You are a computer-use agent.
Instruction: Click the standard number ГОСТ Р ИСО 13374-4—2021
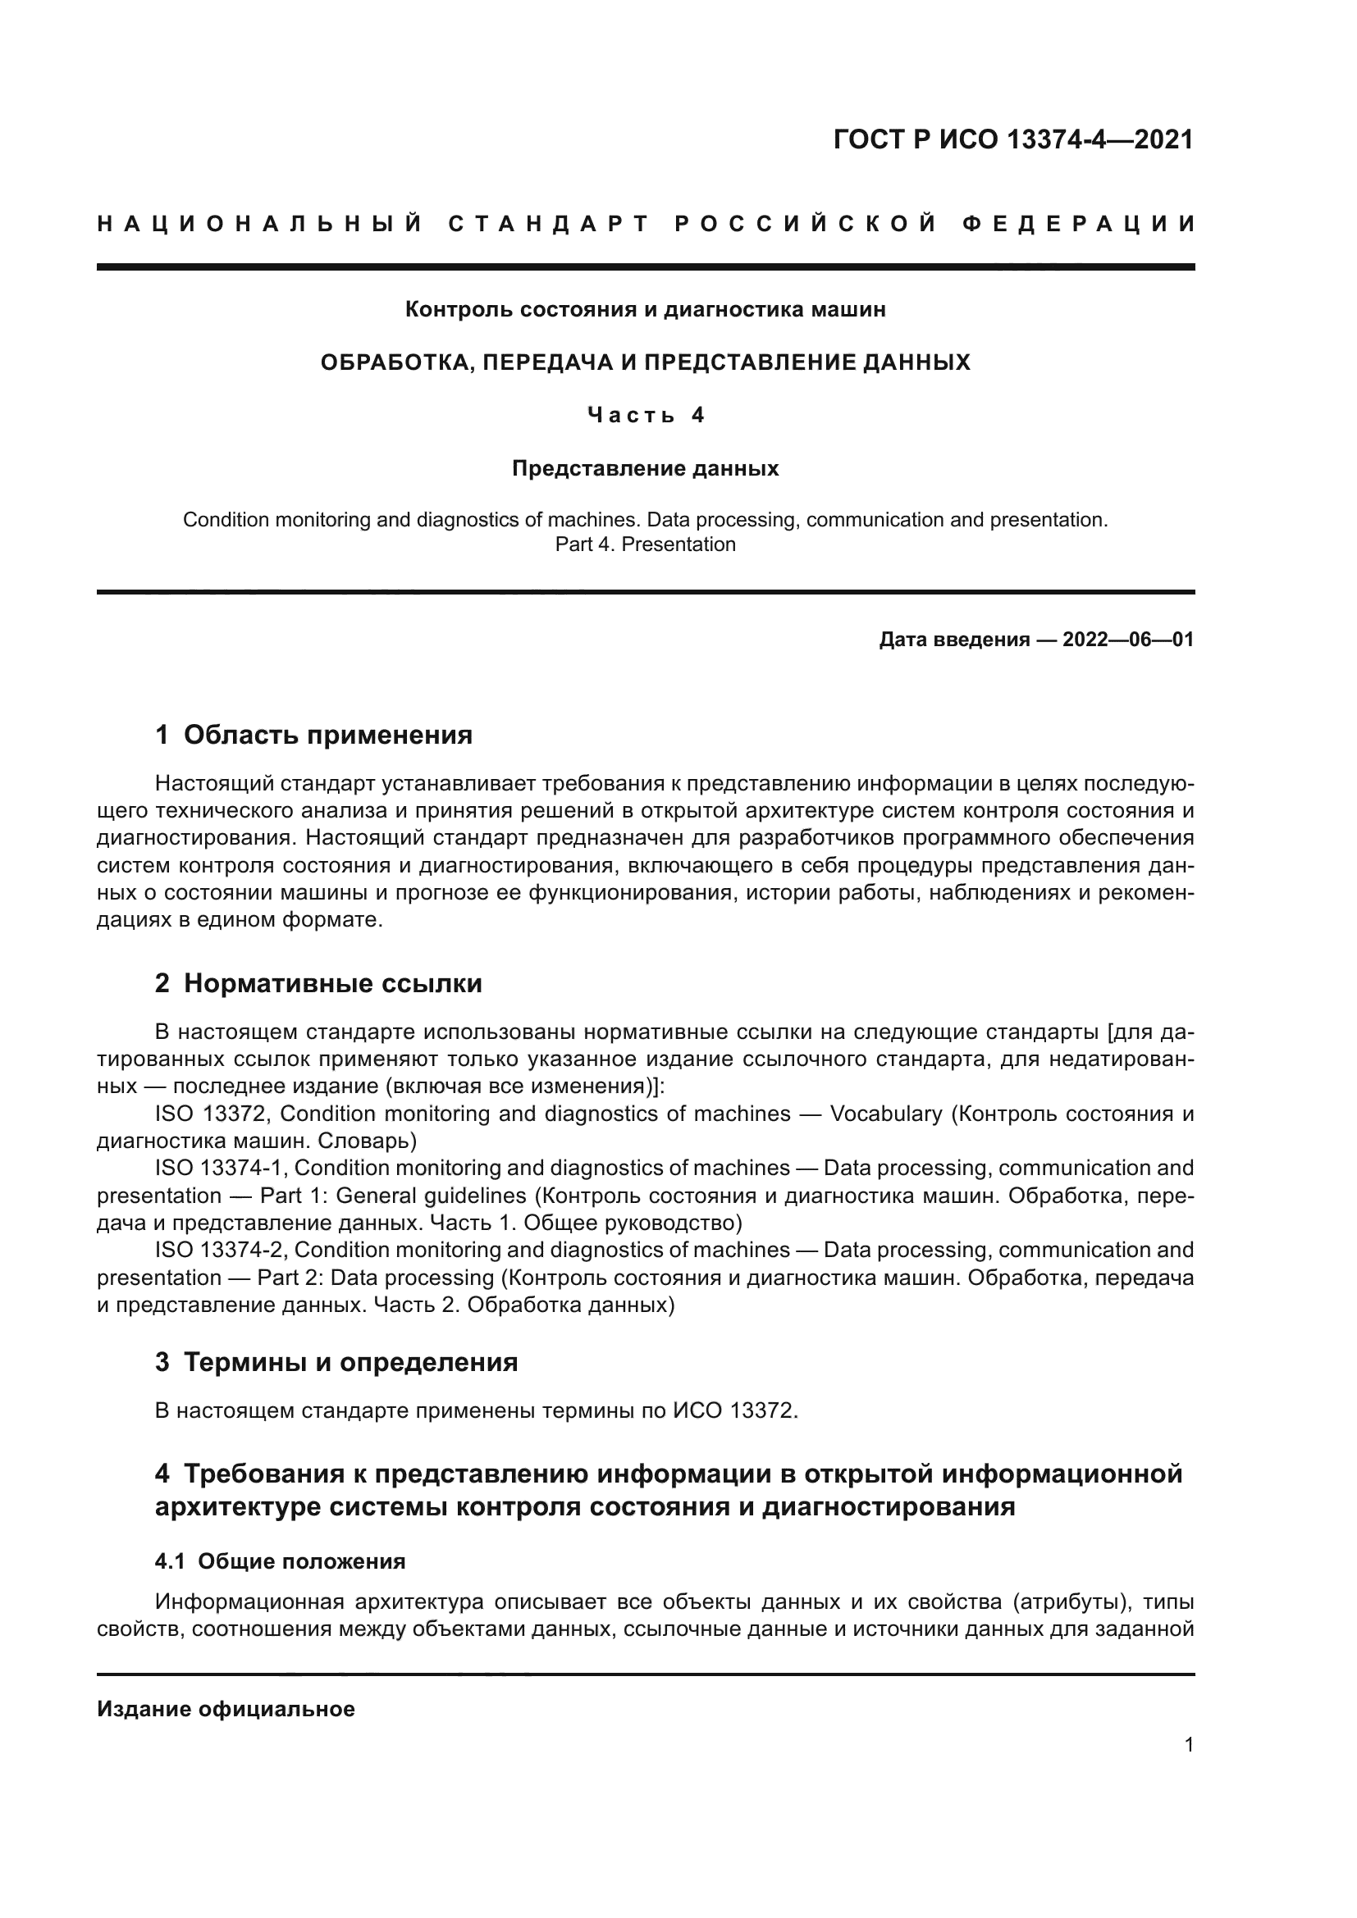[x=1012, y=139]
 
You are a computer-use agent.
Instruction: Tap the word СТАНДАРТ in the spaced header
[x=548, y=224]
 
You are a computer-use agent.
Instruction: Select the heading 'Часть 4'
[x=645, y=415]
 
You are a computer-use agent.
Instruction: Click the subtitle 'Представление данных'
[x=645, y=469]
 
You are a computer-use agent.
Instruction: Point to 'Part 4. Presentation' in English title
[x=645, y=544]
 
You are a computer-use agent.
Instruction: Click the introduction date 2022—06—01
[x=1127, y=640]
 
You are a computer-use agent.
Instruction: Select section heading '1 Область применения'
[x=313, y=735]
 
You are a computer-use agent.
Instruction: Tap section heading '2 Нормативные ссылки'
[x=318, y=984]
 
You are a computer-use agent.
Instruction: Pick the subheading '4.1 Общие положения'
[x=280, y=1561]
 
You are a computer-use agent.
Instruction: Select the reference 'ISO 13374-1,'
[x=222, y=1169]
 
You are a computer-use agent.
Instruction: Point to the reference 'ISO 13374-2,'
[x=222, y=1251]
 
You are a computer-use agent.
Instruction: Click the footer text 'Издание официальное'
[x=226, y=1709]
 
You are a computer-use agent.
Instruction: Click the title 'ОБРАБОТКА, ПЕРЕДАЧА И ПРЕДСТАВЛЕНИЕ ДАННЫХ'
[x=645, y=362]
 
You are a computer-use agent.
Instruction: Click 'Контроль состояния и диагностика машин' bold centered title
[x=645, y=310]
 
